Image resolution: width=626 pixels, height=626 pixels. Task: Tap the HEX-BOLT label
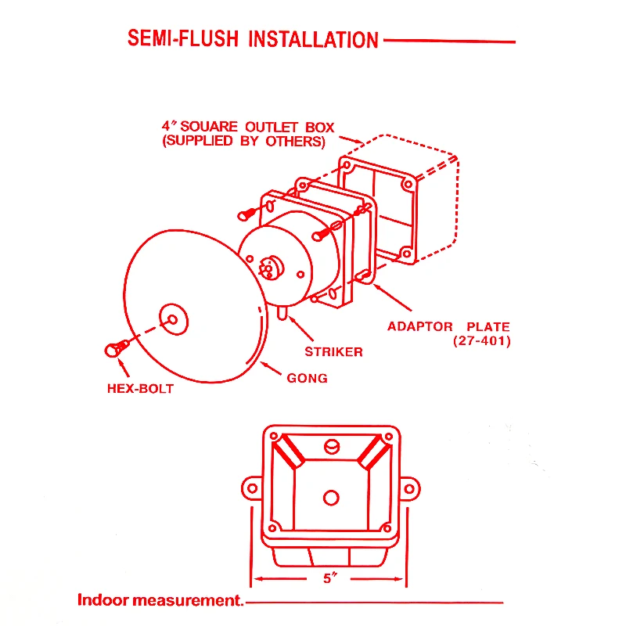(140, 388)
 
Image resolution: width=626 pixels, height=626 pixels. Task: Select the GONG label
(308, 378)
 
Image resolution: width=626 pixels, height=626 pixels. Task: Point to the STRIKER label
(333, 351)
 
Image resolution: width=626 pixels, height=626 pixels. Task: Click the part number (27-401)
(481, 341)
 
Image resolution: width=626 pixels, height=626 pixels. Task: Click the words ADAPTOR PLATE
(448, 326)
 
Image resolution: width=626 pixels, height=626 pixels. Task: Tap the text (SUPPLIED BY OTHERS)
(243, 142)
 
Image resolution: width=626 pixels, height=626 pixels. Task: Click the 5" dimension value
(329, 580)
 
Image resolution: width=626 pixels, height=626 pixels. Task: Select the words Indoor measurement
(160, 601)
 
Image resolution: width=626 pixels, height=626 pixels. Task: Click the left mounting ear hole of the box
(252, 489)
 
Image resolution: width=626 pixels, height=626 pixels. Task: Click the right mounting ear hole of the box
(408, 489)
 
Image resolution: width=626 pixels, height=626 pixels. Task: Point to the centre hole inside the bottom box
(330, 498)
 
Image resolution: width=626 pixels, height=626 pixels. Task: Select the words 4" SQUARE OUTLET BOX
(248, 127)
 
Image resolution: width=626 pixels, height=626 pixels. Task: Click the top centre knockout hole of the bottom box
(330, 448)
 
